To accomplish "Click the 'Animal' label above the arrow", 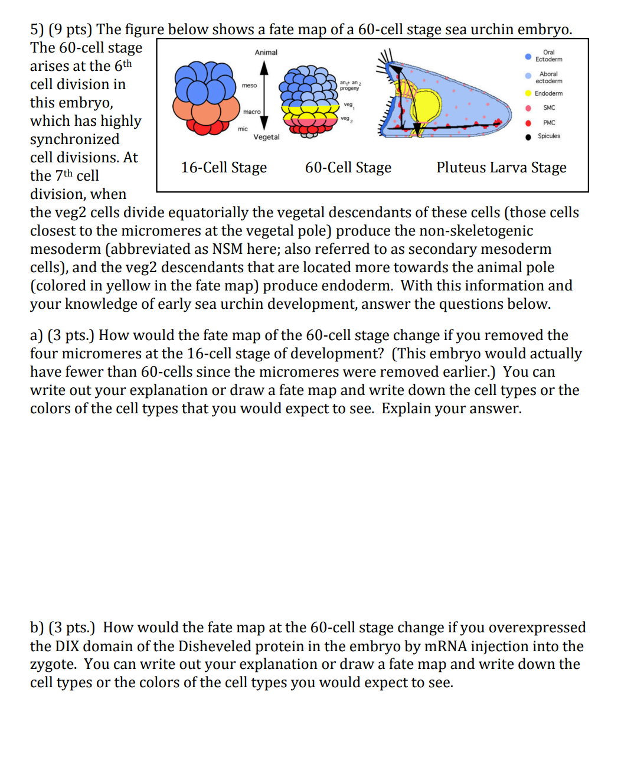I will click(x=266, y=53).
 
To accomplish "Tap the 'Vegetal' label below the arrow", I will click(x=266, y=137).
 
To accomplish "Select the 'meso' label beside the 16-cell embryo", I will click(x=249, y=86).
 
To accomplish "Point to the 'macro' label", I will click(x=251, y=112).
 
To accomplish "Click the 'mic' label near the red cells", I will click(x=243, y=129).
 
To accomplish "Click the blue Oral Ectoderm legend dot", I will click(x=528, y=57).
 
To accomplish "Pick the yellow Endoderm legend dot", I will click(x=528, y=93).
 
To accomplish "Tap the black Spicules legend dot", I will click(x=528, y=137).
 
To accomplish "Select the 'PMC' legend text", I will click(x=549, y=123).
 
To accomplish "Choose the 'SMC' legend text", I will click(x=549, y=107).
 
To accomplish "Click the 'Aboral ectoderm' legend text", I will click(x=548, y=77).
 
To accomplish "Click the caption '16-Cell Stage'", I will click(x=224, y=168).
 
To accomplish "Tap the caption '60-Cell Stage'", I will click(x=348, y=168).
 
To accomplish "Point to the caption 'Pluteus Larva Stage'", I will click(x=501, y=168).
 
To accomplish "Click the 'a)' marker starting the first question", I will click(x=37, y=335).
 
